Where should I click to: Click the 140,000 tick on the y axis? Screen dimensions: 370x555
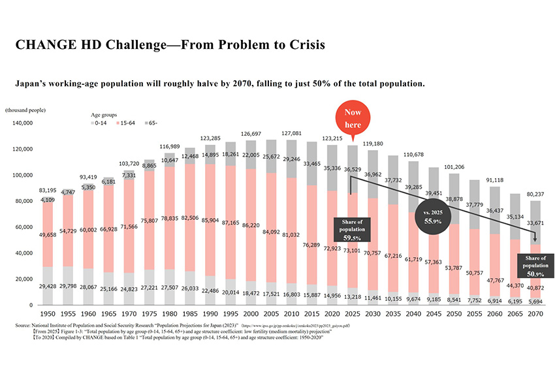tap(22, 123)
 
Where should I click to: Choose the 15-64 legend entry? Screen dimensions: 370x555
tap(127, 122)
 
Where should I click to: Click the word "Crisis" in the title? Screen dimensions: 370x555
tap(301, 46)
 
